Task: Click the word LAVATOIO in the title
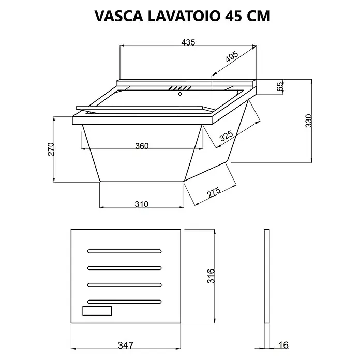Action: click(184, 16)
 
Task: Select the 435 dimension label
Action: click(188, 42)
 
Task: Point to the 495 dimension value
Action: click(232, 56)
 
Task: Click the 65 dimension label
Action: click(280, 86)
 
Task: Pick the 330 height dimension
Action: click(309, 121)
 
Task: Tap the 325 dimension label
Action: click(227, 136)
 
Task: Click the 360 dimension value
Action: click(142, 146)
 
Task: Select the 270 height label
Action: click(51, 149)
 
